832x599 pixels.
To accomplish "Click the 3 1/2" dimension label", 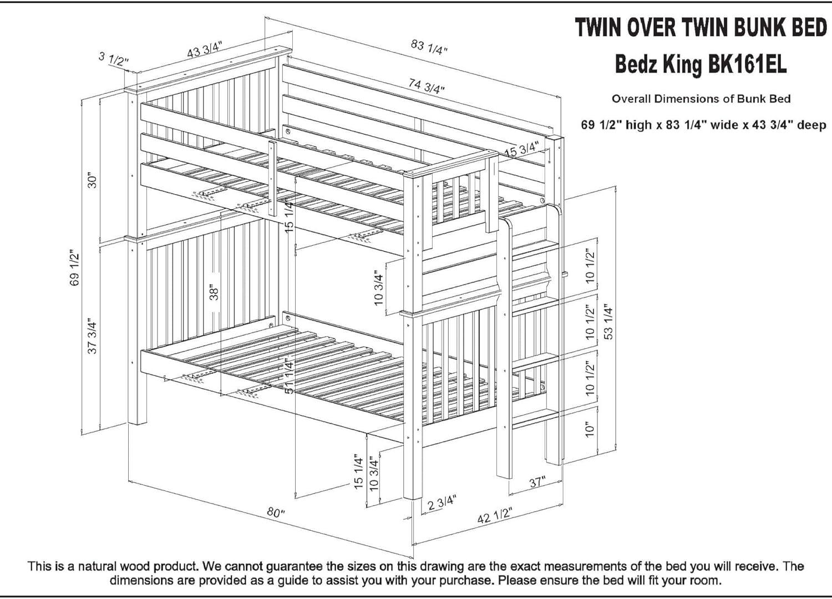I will pos(114,58).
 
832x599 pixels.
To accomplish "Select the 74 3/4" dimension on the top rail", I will pos(426,87).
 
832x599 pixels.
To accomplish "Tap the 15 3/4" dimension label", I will pos(521,149).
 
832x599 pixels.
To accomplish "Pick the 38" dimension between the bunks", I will pos(215,292).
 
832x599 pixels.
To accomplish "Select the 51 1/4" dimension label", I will pos(289,375).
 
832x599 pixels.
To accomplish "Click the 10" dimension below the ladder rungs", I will pos(590,429).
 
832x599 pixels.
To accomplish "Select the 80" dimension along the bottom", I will pos(276,512).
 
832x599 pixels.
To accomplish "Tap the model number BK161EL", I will pos(747,65).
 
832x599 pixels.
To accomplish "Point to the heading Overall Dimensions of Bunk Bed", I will pos(701,99).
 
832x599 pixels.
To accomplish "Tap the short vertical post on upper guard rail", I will pos(272,179).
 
